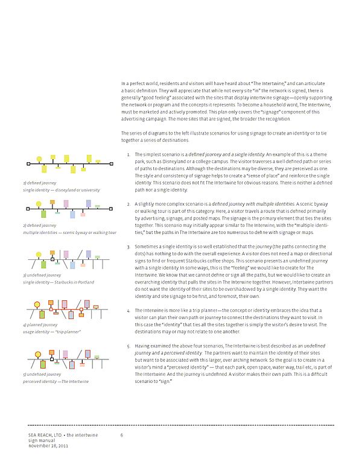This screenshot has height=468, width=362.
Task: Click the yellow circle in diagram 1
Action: tap(39, 159)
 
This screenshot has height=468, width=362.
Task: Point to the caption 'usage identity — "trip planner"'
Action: tap(51, 332)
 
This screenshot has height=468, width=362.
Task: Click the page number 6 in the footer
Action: tap(121, 435)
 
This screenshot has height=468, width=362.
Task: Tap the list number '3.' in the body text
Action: tap(129, 247)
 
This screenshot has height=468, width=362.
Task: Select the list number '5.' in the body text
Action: tap(129, 346)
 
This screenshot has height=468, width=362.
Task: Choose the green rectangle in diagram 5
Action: tap(43, 364)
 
